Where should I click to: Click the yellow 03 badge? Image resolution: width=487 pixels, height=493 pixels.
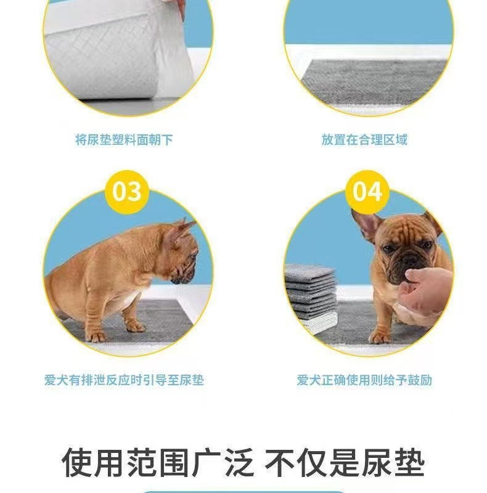126,192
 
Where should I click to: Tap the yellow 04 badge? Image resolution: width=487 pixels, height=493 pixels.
367,192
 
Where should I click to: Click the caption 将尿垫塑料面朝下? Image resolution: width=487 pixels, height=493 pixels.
124,140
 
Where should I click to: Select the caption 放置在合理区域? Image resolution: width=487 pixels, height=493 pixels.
364,140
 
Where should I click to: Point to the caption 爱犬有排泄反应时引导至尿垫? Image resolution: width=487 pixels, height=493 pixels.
124,380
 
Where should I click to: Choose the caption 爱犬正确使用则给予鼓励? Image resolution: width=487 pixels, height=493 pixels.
364,380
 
